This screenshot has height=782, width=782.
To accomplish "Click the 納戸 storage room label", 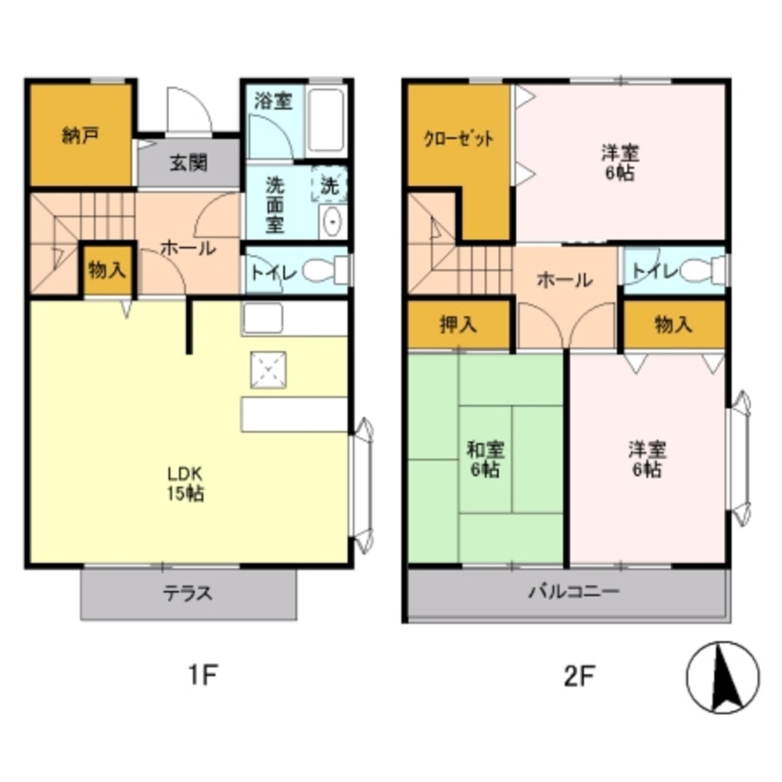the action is (x=81, y=135).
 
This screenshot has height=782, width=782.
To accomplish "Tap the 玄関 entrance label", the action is (x=188, y=163).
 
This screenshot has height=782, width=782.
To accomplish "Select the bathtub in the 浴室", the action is (x=325, y=120).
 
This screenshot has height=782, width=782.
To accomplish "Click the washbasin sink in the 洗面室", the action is (x=332, y=221).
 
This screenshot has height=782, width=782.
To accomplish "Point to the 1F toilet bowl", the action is (x=325, y=271).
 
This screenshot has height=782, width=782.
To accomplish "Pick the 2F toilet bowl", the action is (x=703, y=271).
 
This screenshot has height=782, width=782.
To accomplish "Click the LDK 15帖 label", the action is (x=185, y=483).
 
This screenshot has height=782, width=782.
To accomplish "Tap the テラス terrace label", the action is (x=188, y=594).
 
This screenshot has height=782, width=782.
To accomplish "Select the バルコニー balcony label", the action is (x=574, y=592).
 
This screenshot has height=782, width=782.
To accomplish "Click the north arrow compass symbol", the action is (x=723, y=677).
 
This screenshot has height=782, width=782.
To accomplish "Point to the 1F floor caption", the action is (x=203, y=676).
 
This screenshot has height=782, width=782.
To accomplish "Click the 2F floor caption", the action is (x=579, y=676).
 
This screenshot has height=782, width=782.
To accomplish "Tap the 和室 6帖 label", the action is (x=486, y=459).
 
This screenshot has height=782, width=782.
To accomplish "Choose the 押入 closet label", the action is (x=458, y=325).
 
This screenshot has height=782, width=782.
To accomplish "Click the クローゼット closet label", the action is (x=458, y=138).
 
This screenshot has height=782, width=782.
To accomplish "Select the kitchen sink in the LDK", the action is (x=263, y=318).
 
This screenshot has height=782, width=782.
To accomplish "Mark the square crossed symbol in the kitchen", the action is (x=268, y=370).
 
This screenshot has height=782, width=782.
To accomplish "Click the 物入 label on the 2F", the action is (x=673, y=325).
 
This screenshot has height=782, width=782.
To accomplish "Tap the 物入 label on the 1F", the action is (x=107, y=271).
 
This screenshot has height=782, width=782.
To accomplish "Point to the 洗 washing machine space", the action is (x=329, y=184).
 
